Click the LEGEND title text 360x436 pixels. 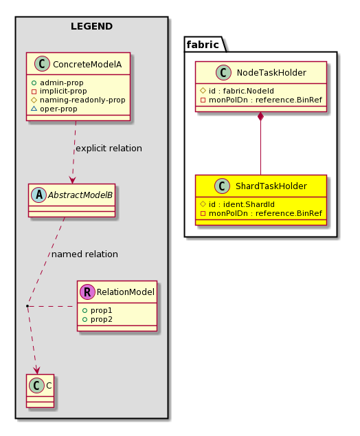(x=91, y=26)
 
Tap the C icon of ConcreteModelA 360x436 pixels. (x=42, y=64)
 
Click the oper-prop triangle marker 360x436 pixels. (x=34, y=109)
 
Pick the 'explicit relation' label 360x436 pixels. (x=109, y=149)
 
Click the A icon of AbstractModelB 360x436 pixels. (x=39, y=195)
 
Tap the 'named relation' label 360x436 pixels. (x=85, y=254)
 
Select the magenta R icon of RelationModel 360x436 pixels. (x=87, y=292)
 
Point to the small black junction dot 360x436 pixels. (x=27, y=306)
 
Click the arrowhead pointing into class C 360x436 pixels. (x=36, y=371)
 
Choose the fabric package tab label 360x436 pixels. (x=203, y=45)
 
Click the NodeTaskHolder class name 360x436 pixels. (x=271, y=73)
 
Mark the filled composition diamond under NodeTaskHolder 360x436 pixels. (x=260, y=116)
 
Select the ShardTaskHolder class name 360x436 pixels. (x=271, y=186)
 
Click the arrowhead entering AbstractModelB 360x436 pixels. (x=73, y=180)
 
